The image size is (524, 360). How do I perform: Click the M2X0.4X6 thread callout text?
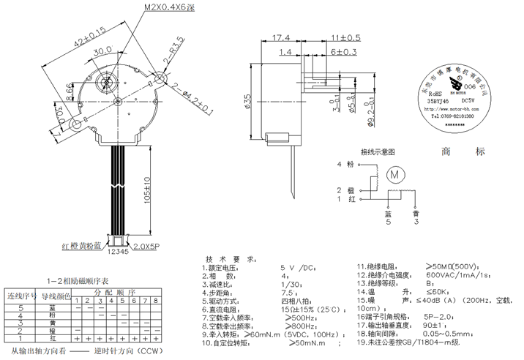pos(168,7)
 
